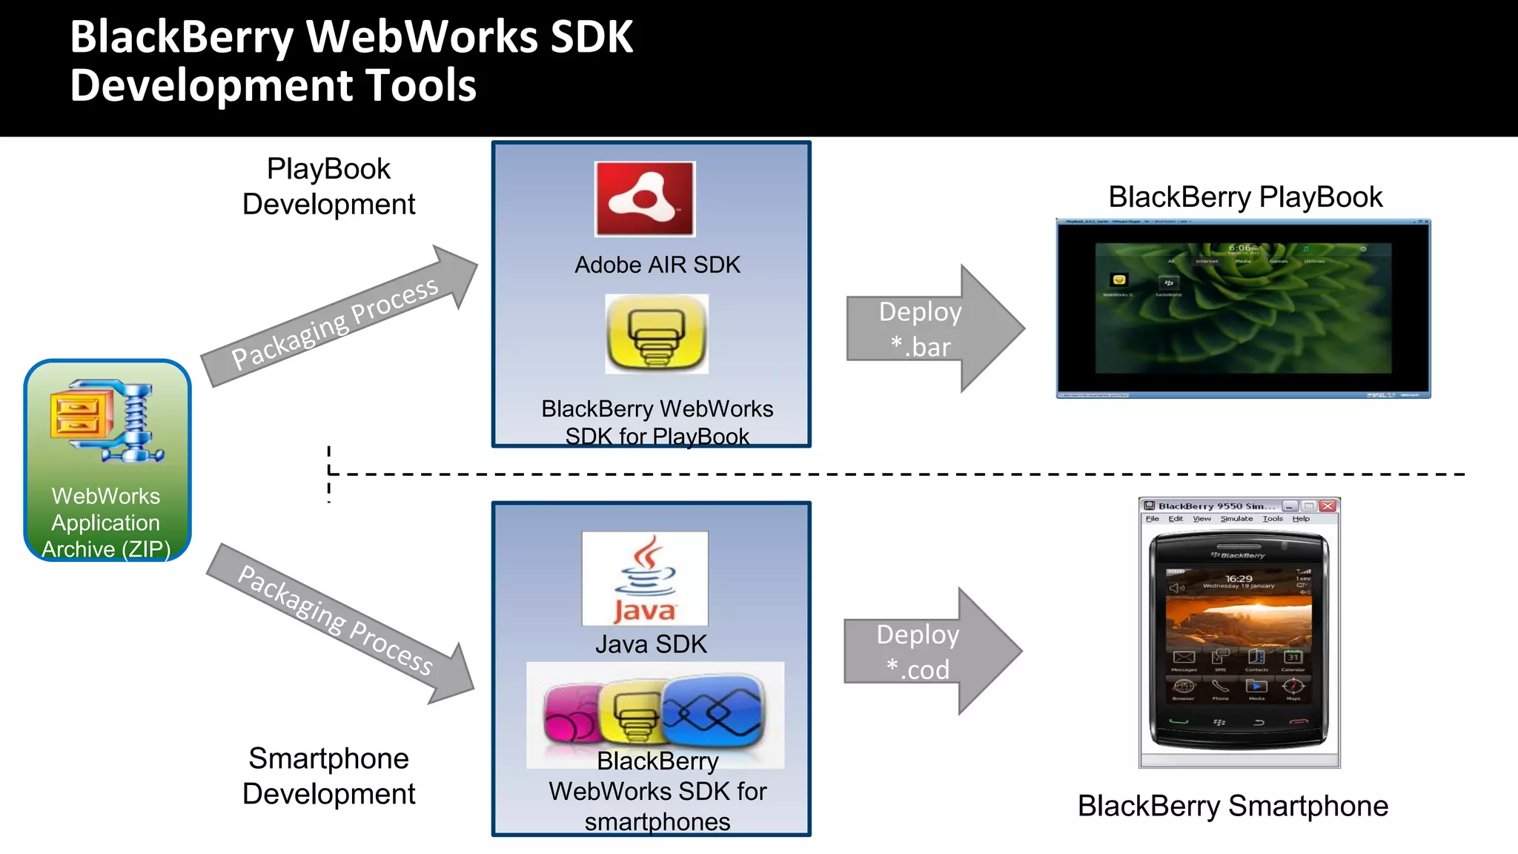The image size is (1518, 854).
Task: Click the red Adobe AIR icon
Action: point(645,199)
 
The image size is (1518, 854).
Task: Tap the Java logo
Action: point(645,578)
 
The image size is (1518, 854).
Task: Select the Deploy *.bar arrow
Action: point(934,328)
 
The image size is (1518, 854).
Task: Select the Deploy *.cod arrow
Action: point(932,652)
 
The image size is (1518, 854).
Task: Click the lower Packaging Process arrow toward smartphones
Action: point(339,623)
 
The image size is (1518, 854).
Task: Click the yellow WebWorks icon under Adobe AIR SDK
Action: point(657,334)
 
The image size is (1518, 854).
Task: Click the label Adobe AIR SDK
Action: point(657,265)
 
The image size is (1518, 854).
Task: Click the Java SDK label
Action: point(651,644)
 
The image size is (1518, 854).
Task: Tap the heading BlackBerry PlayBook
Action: point(1245,197)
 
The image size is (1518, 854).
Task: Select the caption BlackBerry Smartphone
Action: point(1233,806)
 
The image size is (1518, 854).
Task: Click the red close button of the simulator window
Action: point(1328,506)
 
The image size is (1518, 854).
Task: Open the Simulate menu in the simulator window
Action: point(1236,519)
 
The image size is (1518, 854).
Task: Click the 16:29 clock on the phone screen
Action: point(1239,578)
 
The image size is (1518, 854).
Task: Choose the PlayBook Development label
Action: point(328,186)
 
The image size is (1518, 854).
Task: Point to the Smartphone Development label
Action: point(328,775)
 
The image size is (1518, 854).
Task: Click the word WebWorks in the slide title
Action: point(421,36)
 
